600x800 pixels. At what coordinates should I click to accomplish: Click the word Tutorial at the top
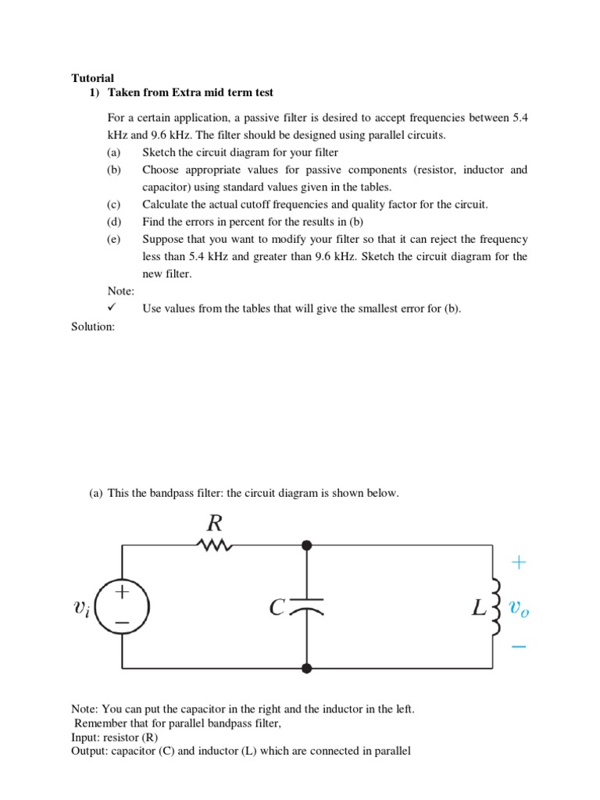click(x=92, y=78)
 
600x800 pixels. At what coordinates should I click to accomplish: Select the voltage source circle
click(x=122, y=606)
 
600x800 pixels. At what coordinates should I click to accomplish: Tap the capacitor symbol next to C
click(x=307, y=606)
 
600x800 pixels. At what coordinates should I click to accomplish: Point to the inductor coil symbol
click(x=495, y=606)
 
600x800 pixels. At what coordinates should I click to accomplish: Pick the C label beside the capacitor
click(x=278, y=607)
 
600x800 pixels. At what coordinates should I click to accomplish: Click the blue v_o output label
click(x=519, y=607)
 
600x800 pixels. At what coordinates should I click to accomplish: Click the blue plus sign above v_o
click(x=520, y=562)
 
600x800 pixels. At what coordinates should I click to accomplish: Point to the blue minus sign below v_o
click(x=520, y=647)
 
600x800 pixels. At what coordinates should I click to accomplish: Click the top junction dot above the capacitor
click(x=307, y=545)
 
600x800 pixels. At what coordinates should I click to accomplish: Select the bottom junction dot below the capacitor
click(x=307, y=668)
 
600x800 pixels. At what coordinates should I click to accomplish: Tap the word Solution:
click(x=93, y=327)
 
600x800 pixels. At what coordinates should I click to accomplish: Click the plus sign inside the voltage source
click(x=122, y=593)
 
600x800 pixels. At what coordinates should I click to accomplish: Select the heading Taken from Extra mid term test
click(x=190, y=92)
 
